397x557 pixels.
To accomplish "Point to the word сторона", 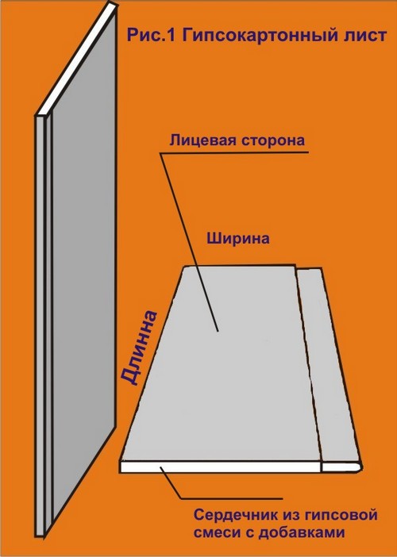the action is point(273,140).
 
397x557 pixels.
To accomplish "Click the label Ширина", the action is point(238,238).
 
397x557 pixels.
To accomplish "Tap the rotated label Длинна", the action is point(139,348).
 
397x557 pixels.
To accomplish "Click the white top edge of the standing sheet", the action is point(76,59).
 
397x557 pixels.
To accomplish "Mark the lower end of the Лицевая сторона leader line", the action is point(218,332).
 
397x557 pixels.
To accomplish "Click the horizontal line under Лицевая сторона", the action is point(234,153).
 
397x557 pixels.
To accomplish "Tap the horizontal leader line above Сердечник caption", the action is point(232,498).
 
